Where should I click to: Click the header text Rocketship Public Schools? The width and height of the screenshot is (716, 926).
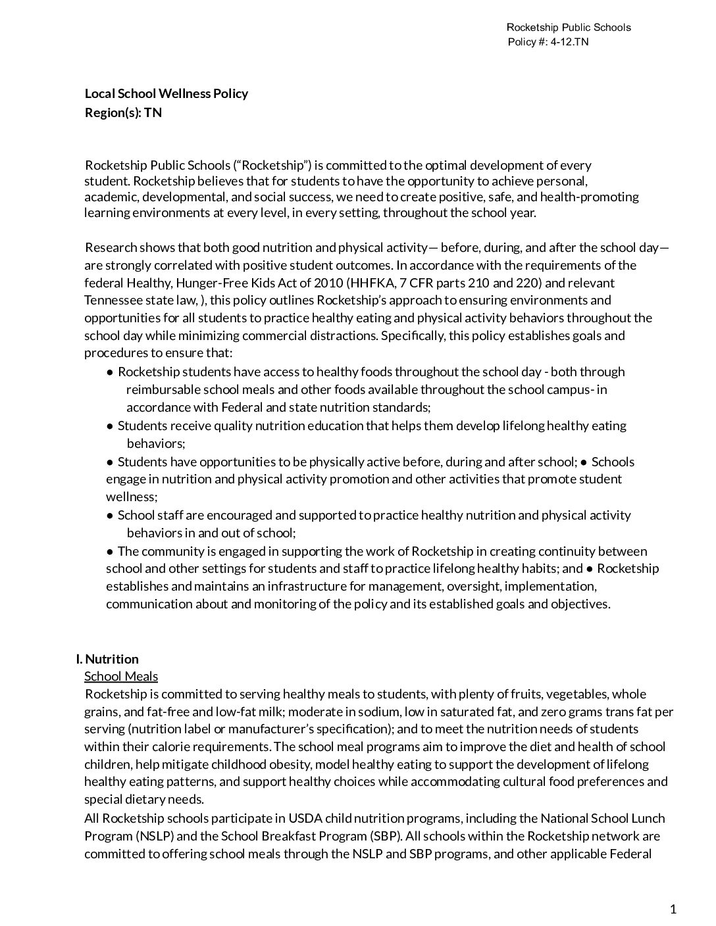tap(569, 27)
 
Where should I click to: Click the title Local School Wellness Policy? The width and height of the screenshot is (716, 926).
tap(166, 93)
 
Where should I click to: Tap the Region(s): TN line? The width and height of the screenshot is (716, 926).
tap(123, 112)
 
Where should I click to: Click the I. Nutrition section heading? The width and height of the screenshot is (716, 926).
tap(107, 659)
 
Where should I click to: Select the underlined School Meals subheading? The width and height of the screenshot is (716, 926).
tap(121, 676)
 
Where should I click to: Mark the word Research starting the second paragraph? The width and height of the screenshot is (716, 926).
tap(111, 248)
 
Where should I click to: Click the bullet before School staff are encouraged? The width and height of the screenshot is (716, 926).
tap(110, 516)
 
